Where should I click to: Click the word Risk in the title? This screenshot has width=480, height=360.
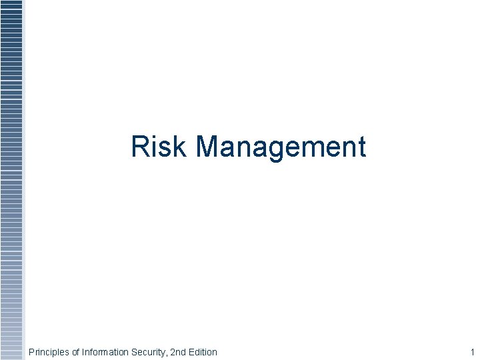(159, 147)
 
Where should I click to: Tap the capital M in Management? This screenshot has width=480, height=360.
(208, 147)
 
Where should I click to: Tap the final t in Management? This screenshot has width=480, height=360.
(361, 148)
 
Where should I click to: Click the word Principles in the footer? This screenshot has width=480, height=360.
(49, 352)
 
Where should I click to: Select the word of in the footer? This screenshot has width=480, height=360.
(76, 352)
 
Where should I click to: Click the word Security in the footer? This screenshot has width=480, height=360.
(149, 352)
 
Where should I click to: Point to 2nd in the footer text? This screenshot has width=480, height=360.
(177, 352)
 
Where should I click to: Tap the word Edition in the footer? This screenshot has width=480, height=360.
(202, 352)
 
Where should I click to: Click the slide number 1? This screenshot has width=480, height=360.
(472, 352)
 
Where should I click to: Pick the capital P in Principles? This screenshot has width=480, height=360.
(31, 352)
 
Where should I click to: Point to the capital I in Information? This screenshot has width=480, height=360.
(83, 352)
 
